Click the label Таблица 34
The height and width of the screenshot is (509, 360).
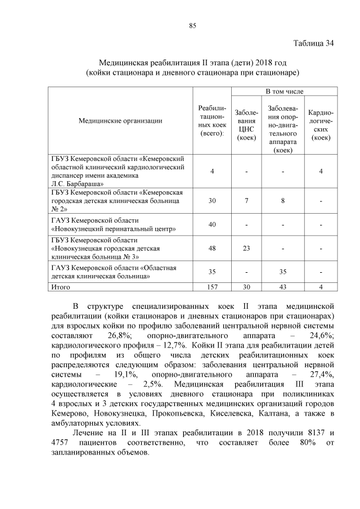coord(314,44)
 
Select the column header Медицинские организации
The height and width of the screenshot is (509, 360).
coord(120,120)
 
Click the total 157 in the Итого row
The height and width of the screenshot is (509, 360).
coord(212,287)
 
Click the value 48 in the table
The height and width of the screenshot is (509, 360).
coord(212,248)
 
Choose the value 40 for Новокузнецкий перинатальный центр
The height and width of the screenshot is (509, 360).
coord(212,224)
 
